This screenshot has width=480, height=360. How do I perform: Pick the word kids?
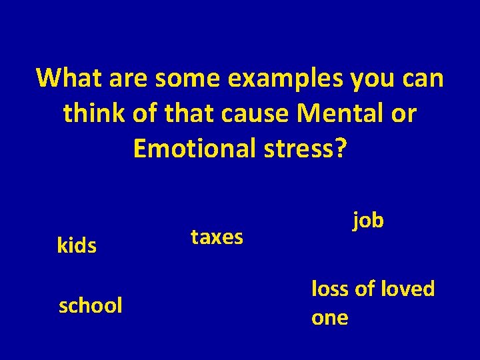point(77,246)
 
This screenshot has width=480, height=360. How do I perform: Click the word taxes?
point(217,237)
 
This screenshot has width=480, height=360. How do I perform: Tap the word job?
point(368,220)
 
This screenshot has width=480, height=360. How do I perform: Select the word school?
point(91,306)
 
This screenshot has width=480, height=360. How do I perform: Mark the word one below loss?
point(329,318)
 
